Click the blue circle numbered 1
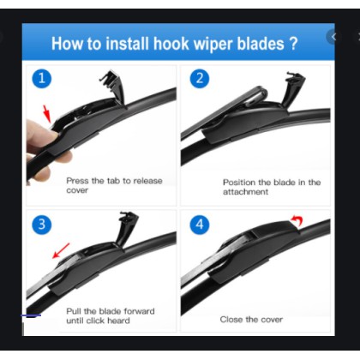point(42,78)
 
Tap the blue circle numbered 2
point(200,78)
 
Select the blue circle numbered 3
point(42,225)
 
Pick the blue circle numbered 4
point(200,225)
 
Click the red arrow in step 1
point(47,113)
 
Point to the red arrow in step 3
point(61,250)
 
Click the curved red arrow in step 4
point(297,220)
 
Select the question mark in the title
point(293,44)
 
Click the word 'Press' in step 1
point(77,181)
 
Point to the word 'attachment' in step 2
point(245,192)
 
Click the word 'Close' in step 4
point(231,320)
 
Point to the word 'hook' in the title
point(171,44)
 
